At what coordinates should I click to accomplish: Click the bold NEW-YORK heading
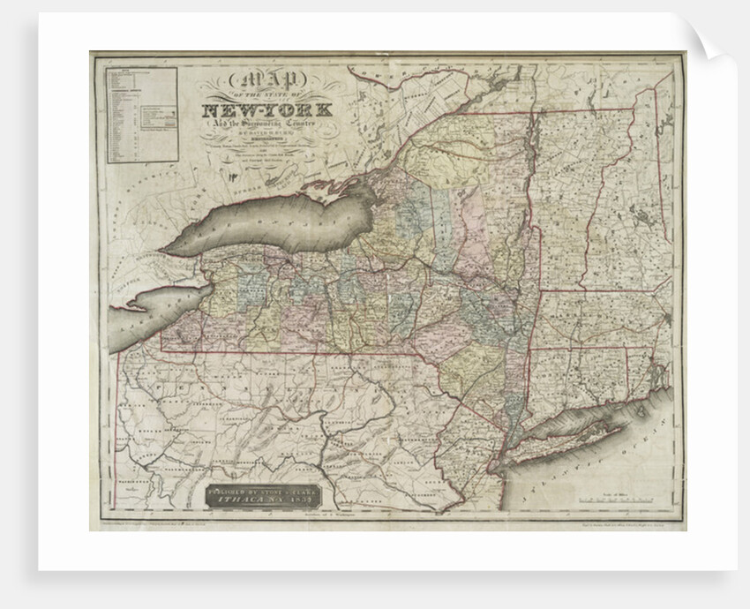(x=268, y=111)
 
